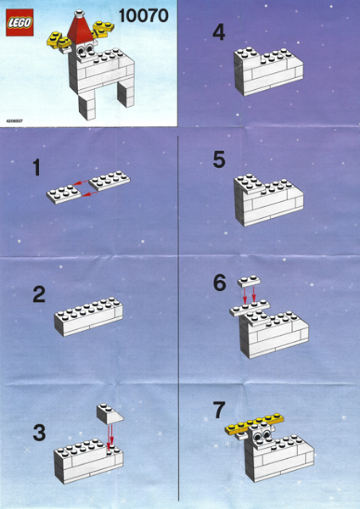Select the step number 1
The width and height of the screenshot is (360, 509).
37,168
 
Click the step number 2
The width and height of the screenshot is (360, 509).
39,295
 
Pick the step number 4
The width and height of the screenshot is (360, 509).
219,33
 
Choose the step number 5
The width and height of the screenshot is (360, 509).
219,159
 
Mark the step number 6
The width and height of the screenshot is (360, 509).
220,282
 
